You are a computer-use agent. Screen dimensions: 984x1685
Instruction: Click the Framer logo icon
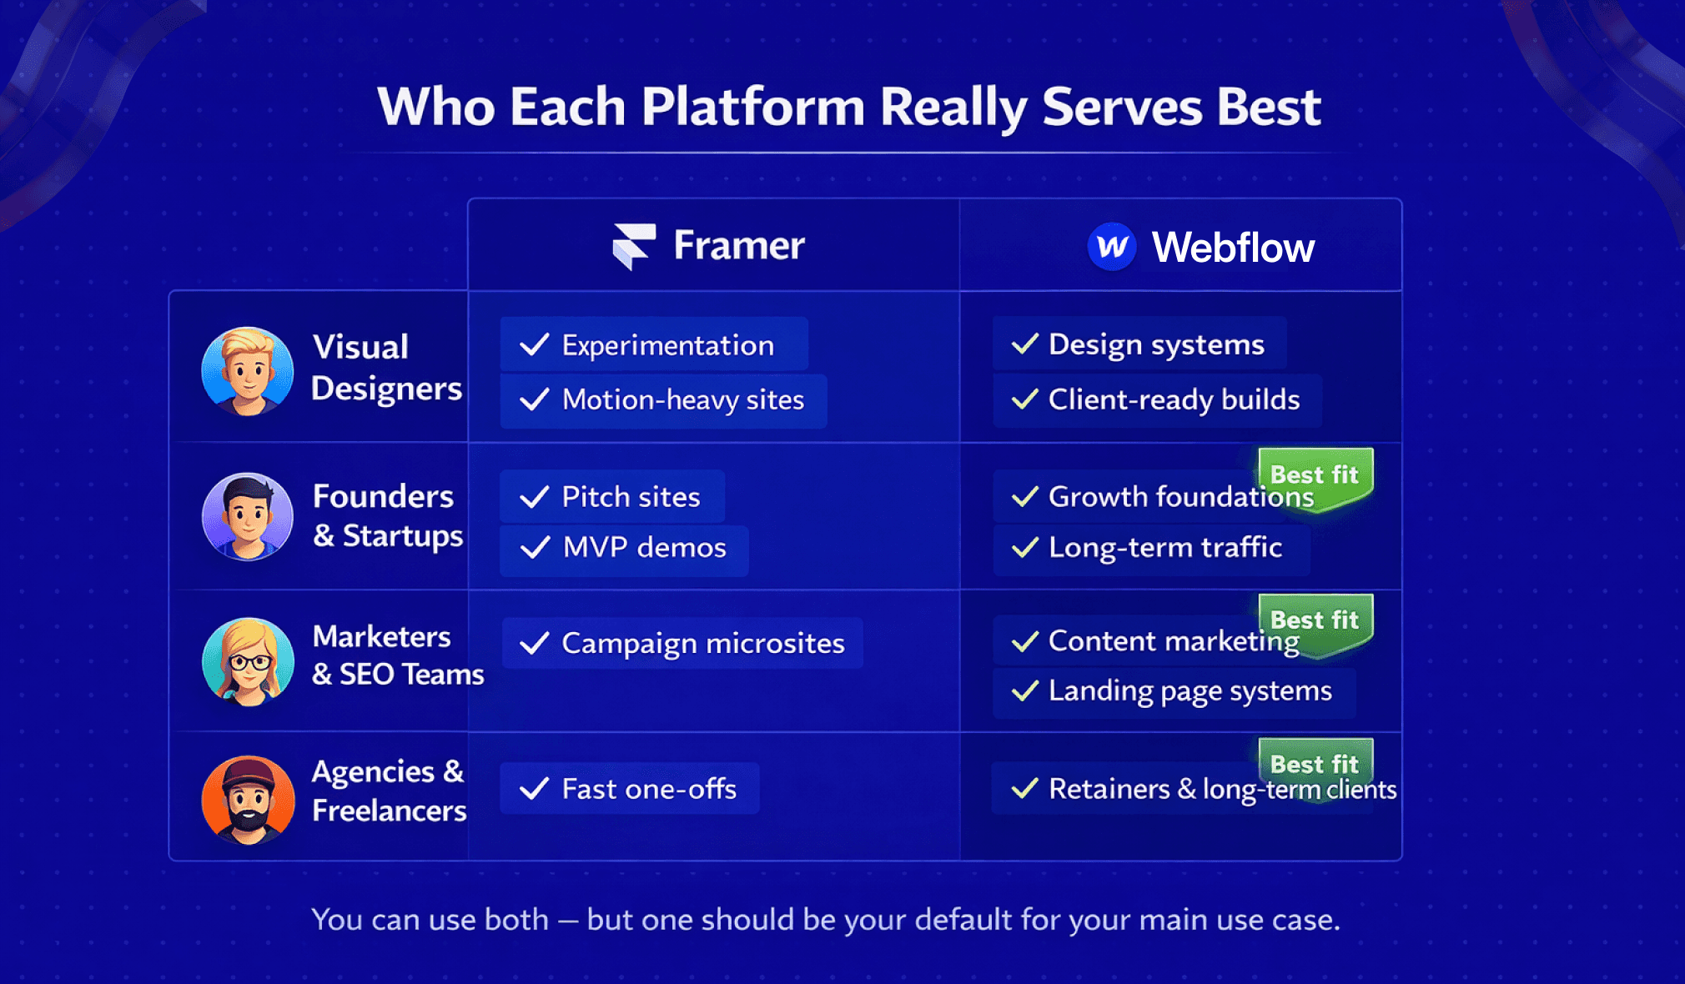pos(633,246)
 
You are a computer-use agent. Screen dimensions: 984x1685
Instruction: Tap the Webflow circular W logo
pos(1111,247)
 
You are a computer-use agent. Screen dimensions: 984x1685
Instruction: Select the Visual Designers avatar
pos(248,371)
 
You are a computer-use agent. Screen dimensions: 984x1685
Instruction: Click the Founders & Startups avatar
pos(248,516)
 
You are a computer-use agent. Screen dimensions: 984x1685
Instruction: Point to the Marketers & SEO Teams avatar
pos(248,661)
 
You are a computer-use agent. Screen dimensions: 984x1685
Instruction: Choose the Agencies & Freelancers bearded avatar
pos(248,800)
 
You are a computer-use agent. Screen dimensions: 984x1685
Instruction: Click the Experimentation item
pos(654,344)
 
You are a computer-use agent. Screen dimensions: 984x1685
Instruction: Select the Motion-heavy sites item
pos(663,400)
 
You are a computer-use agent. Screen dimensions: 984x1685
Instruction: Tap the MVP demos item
pos(624,548)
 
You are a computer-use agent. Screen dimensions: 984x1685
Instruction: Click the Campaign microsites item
pos(682,643)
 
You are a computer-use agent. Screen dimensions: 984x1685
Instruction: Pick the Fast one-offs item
pos(630,789)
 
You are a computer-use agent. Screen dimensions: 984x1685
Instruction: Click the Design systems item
pos(1139,344)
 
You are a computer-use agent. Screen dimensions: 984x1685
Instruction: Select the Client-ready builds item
pos(1157,400)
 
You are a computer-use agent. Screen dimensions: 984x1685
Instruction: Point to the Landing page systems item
pos(1173,691)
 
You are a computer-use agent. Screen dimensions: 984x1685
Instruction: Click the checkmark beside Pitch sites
pos(535,498)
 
